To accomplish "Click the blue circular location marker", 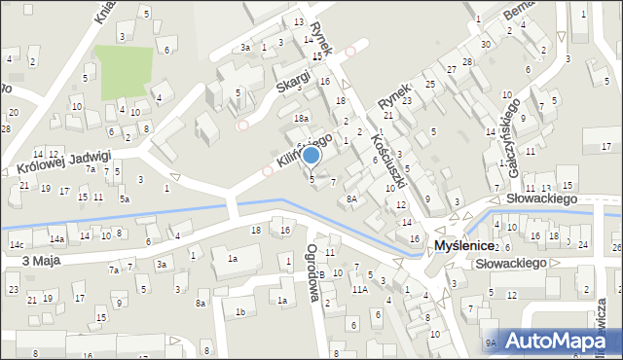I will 311,155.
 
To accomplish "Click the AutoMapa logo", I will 557,341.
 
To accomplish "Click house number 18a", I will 301,118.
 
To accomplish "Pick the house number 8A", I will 352,198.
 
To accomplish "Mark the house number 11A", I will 359,289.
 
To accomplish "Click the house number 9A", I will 492,342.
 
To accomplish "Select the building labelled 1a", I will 232,258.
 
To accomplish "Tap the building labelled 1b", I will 239,311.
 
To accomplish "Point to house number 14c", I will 16,244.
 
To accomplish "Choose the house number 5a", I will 124,198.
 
